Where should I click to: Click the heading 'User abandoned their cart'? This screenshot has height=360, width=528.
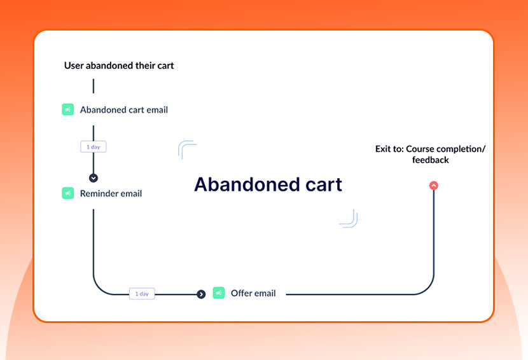pyautogui.click(x=119, y=66)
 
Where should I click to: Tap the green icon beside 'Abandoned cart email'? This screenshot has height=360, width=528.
pyautogui.click(x=68, y=109)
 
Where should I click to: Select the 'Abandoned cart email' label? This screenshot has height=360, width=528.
pyautogui.click(x=124, y=110)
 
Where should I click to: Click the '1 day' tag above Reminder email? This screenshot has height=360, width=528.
pyautogui.click(x=94, y=147)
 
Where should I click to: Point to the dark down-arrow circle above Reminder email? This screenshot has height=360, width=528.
pyautogui.click(x=94, y=178)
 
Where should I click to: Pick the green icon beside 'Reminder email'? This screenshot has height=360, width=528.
pyautogui.click(x=68, y=193)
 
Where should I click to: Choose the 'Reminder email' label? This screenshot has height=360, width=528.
pyautogui.click(x=111, y=193)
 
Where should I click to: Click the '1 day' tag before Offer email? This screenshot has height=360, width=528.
pyautogui.click(x=142, y=294)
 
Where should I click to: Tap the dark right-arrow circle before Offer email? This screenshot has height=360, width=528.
pyautogui.click(x=201, y=294)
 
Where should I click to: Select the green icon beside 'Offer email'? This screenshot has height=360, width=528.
pyautogui.click(x=219, y=293)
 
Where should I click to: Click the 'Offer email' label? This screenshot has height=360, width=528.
pyautogui.click(x=253, y=293)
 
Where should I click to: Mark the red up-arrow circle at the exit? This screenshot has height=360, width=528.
pyautogui.click(x=434, y=186)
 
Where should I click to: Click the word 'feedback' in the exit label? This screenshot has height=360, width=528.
pyautogui.click(x=431, y=160)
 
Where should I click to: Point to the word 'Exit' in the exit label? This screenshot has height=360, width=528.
pyautogui.click(x=384, y=149)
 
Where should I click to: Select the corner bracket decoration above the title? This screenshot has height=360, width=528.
pyautogui.click(x=187, y=149)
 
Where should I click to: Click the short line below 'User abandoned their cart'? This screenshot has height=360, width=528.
pyautogui.click(x=94, y=86)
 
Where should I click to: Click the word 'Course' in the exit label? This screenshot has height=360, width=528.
pyautogui.click(x=420, y=149)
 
